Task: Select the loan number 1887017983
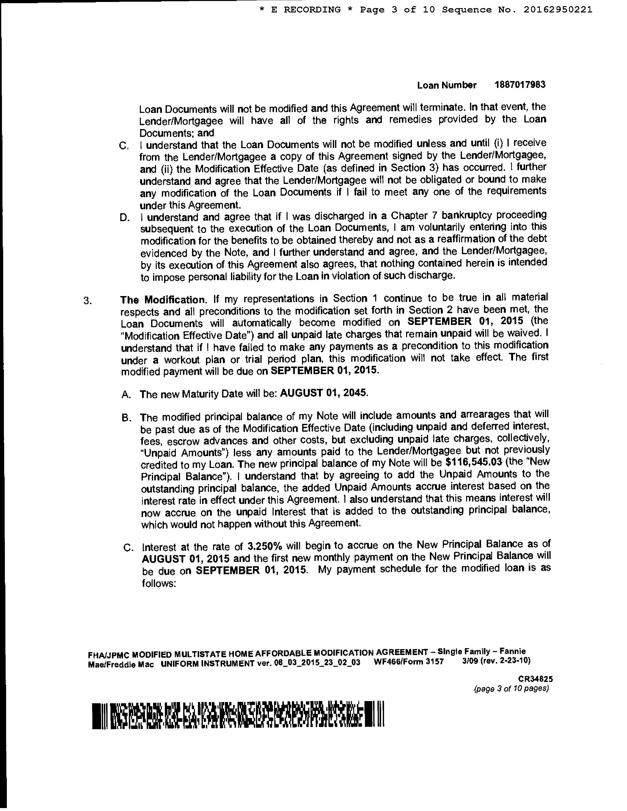tap(520, 85)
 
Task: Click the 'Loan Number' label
tap(446, 85)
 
